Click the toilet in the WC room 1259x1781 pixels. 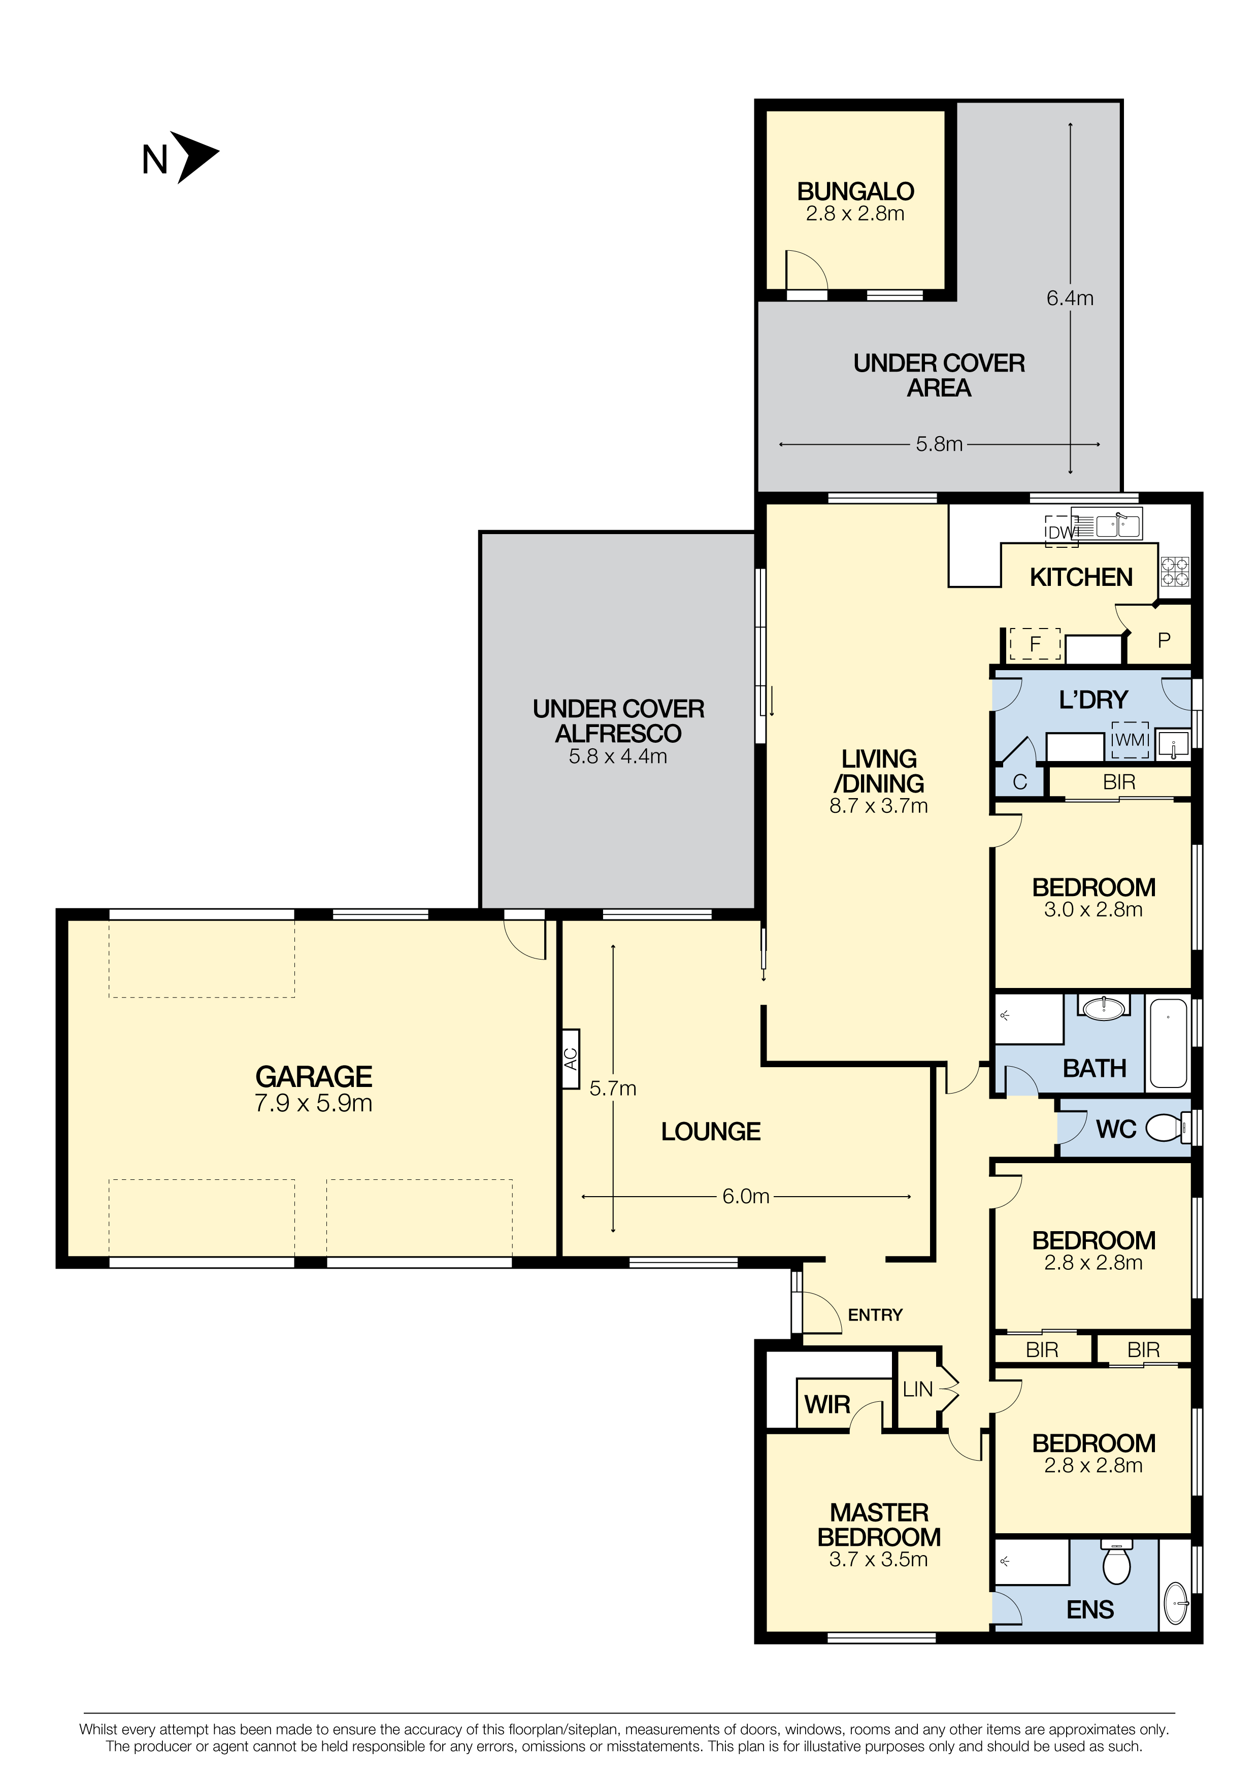pos(1168,1128)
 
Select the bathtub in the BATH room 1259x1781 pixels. pos(1168,1044)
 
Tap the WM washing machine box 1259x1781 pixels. pos(1130,740)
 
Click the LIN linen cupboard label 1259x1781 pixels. pos(918,1389)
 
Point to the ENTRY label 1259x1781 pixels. pos(875,1315)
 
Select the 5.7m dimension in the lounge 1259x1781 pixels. pos(613,1089)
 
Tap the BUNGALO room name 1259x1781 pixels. pos(855,191)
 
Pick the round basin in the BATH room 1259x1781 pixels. pos(1103,1008)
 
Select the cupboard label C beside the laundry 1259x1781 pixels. pos(1020,782)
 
